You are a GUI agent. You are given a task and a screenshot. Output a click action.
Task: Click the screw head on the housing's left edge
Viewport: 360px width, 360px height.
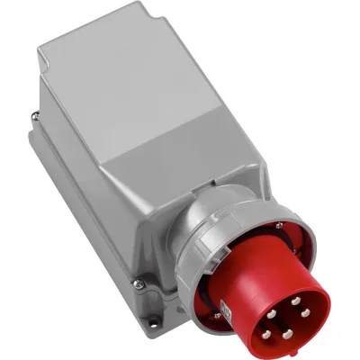tap(33, 114)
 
